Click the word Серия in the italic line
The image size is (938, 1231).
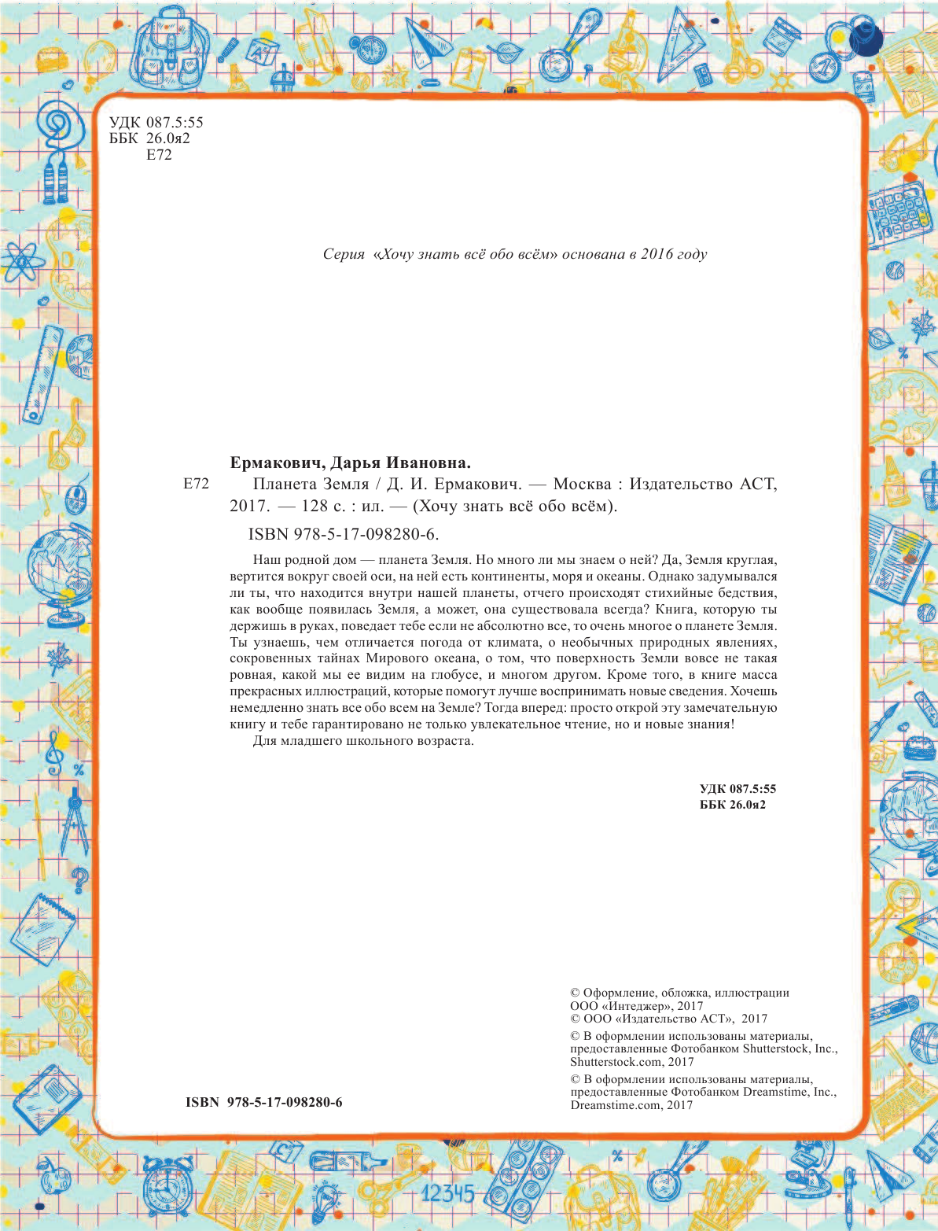coord(344,254)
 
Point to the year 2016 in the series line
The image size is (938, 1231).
coord(657,254)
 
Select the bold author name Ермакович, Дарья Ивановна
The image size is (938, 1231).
coord(350,463)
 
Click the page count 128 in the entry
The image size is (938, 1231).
coord(315,506)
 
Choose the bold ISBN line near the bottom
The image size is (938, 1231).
coord(263,1102)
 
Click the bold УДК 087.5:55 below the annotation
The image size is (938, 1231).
coord(738,789)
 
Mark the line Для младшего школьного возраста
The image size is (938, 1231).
coord(363,741)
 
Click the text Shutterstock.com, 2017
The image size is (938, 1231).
coord(632,1062)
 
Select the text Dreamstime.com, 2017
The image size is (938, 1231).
coord(631,1105)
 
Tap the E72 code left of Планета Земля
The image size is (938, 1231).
coord(196,484)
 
